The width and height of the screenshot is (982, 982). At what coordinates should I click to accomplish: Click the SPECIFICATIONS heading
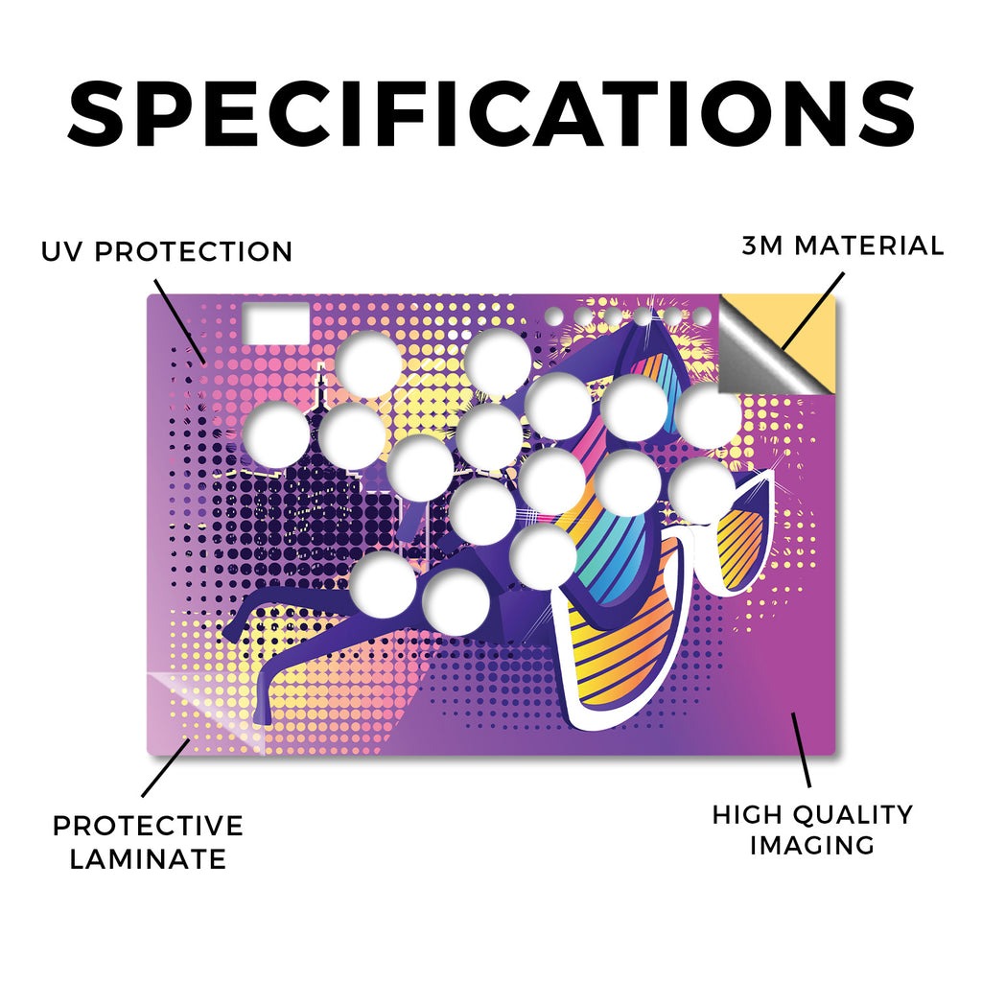coord(491,115)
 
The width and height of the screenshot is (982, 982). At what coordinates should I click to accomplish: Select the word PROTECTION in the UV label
coord(194,252)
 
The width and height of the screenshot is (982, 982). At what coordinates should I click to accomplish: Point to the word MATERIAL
coord(869,245)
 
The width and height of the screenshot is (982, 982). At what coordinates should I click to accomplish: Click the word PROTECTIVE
coord(148,826)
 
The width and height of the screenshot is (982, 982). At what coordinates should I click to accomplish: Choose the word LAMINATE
coord(148,858)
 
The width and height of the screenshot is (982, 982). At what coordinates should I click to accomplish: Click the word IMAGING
coord(812,845)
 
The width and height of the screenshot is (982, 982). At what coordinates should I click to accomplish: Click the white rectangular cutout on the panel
coord(276,323)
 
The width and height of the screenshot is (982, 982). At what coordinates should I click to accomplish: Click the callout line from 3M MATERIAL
coord(812,311)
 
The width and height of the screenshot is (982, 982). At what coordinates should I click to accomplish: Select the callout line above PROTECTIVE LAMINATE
coord(166,768)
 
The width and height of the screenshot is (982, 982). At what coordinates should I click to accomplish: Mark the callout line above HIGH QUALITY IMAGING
coord(801,750)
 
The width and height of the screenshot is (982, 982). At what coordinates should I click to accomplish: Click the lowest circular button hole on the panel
coord(456,602)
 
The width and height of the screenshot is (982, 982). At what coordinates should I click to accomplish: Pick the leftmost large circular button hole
coord(275,434)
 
